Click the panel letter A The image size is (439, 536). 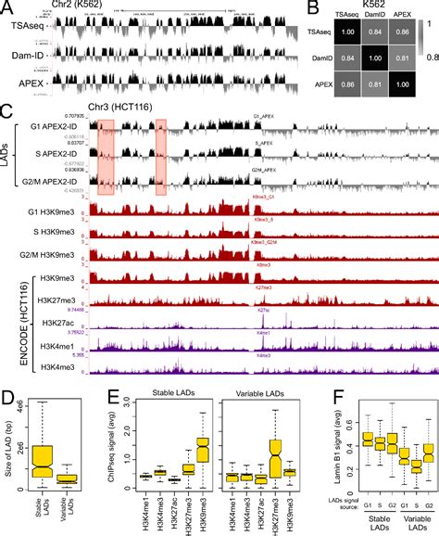click(x=6, y=7)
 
